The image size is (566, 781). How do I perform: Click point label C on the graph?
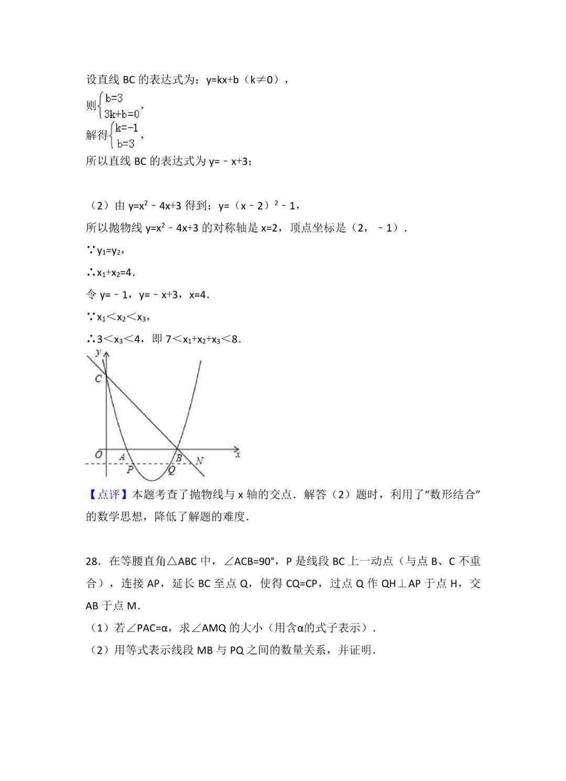pos(98,379)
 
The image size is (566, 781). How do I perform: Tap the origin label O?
pos(98,455)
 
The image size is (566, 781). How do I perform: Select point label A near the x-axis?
pos(122,457)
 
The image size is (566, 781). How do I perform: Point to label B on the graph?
pos(179,459)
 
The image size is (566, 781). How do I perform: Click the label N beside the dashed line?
pos(199,461)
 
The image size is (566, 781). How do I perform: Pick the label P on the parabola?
pos(130,469)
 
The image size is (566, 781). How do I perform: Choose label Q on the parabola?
pos(171,470)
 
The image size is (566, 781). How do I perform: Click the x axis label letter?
pos(237,455)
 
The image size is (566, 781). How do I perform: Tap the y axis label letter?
pos(99,353)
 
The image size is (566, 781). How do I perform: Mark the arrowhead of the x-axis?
pos(237,449)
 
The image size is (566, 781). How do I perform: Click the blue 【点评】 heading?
pos(107,494)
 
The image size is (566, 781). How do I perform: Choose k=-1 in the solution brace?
pos(126,128)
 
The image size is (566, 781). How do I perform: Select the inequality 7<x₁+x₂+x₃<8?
pos(203,339)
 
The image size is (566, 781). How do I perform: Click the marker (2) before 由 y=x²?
pos(96,206)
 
